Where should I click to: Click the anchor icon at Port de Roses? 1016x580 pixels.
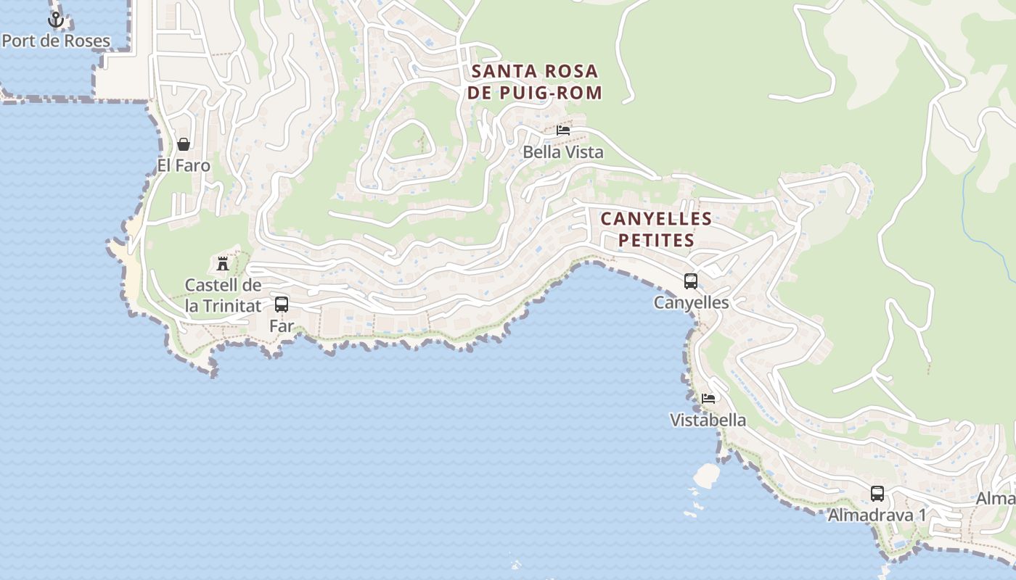pyautogui.click(x=56, y=20)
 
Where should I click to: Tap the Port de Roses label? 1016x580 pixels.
pyautogui.click(x=56, y=41)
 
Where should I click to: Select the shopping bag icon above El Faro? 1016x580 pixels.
pyautogui.click(x=184, y=144)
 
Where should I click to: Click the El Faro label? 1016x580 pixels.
pyautogui.click(x=184, y=165)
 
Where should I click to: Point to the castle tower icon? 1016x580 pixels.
pyautogui.click(x=223, y=263)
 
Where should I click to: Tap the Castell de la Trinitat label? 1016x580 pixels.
pyautogui.click(x=223, y=295)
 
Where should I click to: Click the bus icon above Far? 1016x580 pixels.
pyautogui.click(x=282, y=304)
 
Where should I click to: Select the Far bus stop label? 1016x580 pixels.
pyautogui.click(x=282, y=326)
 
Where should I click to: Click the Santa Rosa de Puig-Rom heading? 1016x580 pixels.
pyautogui.click(x=534, y=82)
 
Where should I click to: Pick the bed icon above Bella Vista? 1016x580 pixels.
pyautogui.click(x=563, y=130)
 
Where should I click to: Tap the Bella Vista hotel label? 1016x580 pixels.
pyautogui.click(x=563, y=152)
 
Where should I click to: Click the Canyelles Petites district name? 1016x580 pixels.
pyautogui.click(x=656, y=229)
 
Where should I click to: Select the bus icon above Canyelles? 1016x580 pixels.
pyautogui.click(x=691, y=281)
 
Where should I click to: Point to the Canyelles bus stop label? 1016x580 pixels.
pyautogui.click(x=691, y=302)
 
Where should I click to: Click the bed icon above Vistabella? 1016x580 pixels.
pyautogui.click(x=708, y=398)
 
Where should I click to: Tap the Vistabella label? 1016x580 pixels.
pyautogui.click(x=708, y=420)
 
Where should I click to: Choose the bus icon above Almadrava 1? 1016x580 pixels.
pyautogui.click(x=877, y=494)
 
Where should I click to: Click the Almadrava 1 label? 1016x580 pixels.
pyautogui.click(x=877, y=515)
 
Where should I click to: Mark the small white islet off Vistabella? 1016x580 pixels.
pyautogui.click(x=707, y=476)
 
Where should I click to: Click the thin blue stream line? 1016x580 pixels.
pyautogui.click(x=982, y=210)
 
